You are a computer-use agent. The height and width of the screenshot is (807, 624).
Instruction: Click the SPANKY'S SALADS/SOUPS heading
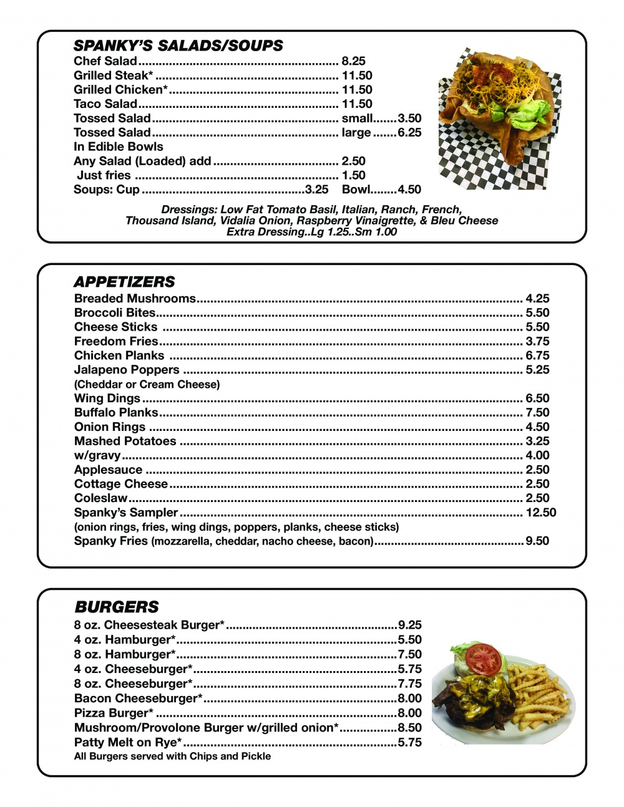(178, 46)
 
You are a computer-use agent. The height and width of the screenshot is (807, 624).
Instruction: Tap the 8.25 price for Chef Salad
(353, 61)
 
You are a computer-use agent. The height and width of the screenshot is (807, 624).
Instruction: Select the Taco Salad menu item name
(105, 104)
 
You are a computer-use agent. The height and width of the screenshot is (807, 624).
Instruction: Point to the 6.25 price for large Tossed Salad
(409, 133)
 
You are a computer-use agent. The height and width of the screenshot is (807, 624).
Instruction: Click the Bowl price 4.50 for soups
(409, 190)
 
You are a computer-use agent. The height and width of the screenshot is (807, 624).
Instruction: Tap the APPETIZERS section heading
(124, 281)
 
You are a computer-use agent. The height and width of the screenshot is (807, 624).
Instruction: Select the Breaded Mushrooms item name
(135, 299)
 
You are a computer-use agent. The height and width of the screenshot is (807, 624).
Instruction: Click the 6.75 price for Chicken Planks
(537, 355)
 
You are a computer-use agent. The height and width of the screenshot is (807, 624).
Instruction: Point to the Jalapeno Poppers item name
(127, 370)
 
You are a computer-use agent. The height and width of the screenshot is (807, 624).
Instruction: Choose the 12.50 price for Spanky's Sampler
(540, 513)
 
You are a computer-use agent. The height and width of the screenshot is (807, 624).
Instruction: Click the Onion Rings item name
(110, 427)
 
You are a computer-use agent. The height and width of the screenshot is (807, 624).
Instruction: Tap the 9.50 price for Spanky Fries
(537, 541)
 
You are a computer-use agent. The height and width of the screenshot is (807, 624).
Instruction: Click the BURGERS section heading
(117, 607)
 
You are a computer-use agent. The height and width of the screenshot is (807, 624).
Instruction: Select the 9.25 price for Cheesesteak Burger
(410, 625)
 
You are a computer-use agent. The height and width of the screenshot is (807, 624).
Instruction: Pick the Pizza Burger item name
(114, 713)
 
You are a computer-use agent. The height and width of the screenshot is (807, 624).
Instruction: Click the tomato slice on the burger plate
(484, 657)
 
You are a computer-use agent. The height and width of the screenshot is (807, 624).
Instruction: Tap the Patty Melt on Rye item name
(128, 743)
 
